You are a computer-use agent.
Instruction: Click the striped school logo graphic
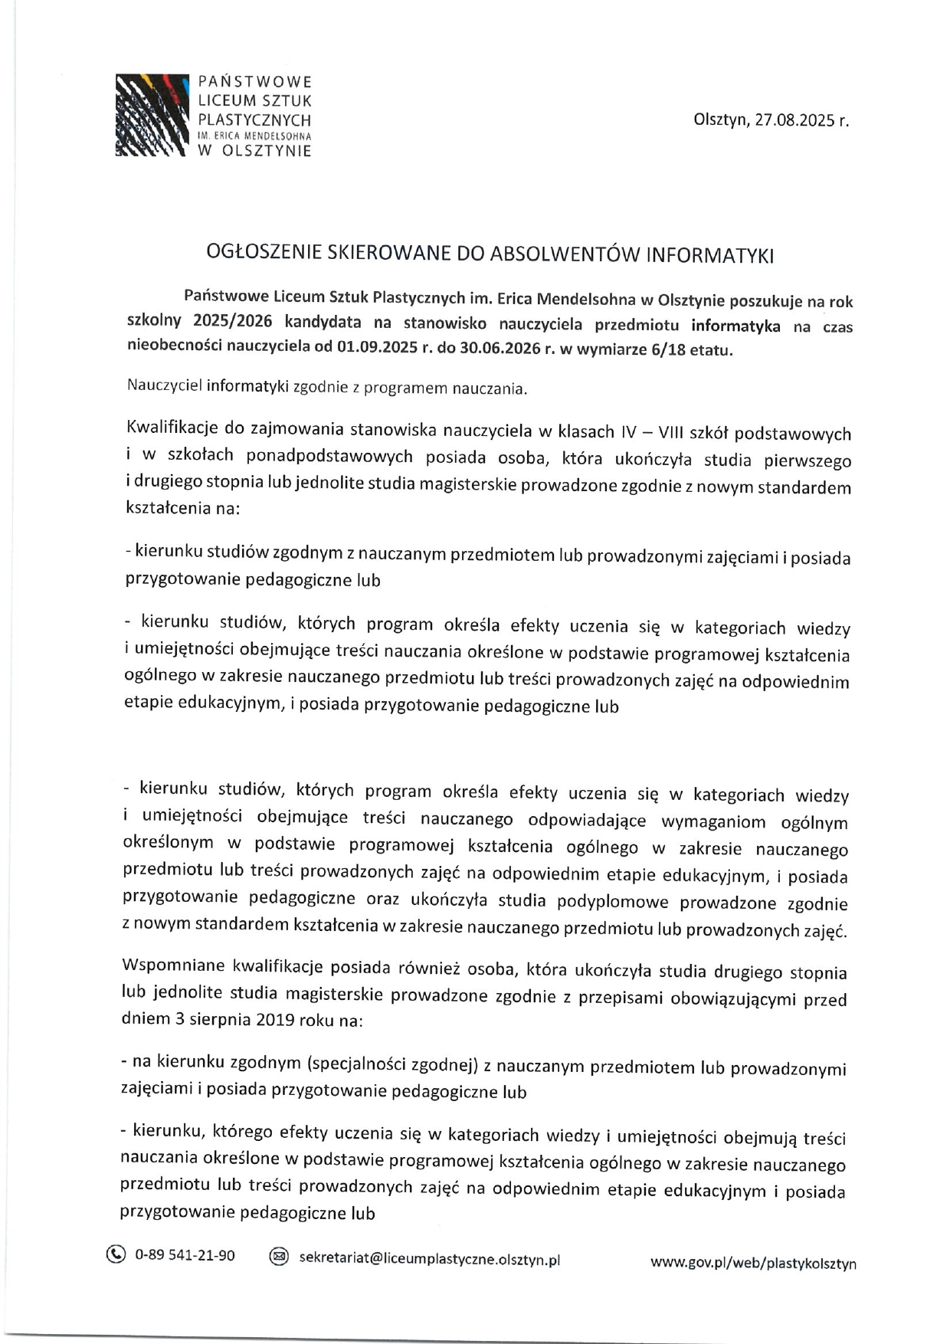pyautogui.click(x=152, y=115)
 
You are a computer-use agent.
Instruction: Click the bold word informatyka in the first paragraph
pyautogui.click(x=735, y=326)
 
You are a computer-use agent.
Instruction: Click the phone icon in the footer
pyautogui.click(x=115, y=1255)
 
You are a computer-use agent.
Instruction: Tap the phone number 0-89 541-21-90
pyautogui.click(x=185, y=1256)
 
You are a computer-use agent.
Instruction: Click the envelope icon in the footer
pyautogui.click(x=279, y=1257)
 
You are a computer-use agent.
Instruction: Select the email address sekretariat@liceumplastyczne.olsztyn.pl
pyautogui.click(x=429, y=1259)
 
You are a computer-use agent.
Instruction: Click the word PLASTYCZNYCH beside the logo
pyautogui.click(x=254, y=120)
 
